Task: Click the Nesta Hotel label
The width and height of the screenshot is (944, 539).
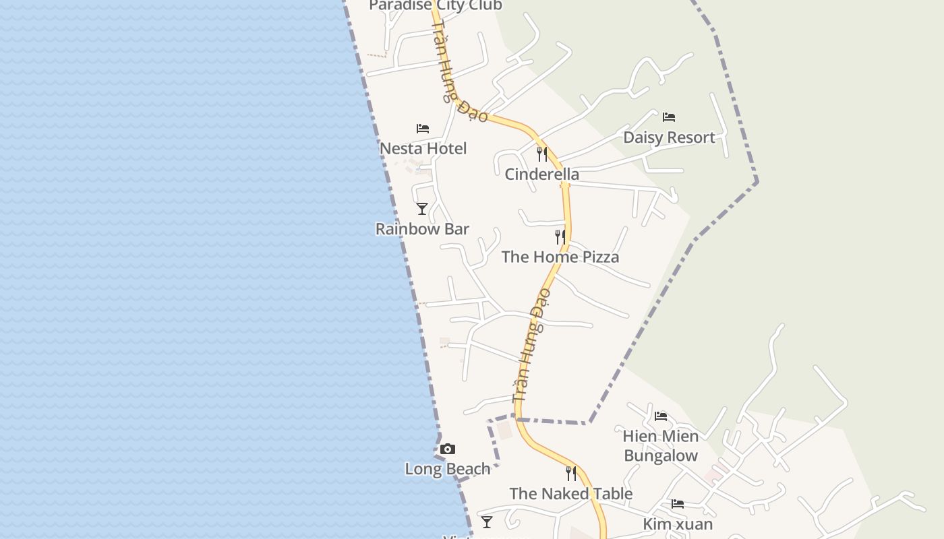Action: [x=423, y=148]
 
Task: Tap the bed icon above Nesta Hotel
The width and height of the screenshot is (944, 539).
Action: [x=423, y=128]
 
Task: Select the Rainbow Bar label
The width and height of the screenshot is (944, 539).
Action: [x=422, y=229]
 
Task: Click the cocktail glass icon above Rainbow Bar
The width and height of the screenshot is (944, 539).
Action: [x=422, y=209]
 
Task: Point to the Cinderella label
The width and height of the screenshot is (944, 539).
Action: [x=541, y=175]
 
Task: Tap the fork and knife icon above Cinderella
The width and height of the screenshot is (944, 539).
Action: [x=541, y=154]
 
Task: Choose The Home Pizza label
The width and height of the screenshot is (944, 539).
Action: [x=560, y=257]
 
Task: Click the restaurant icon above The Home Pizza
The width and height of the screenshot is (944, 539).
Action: [x=560, y=236]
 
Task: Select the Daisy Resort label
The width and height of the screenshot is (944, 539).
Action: [x=669, y=137]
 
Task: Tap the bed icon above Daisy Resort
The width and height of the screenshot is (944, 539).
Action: [x=669, y=117]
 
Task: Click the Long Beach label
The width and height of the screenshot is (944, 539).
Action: [x=447, y=469]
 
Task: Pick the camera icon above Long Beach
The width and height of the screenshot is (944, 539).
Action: [x=447, y=449]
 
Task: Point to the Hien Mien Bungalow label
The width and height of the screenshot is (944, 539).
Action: [x=661, y=446]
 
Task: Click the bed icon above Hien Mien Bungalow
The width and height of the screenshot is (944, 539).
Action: [x=661, y=416]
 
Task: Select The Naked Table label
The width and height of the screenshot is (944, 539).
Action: [x=570, y=494]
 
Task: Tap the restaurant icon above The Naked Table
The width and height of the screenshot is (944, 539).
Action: [x=570, y=473]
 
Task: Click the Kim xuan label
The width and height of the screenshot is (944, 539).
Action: [x=677, y=524]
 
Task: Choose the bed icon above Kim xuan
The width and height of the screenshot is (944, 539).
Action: [x=677, y=504]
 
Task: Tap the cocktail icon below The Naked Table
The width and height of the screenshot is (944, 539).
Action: [x=486, y=521]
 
